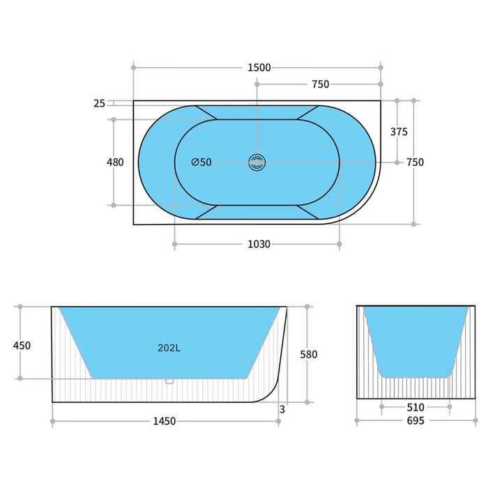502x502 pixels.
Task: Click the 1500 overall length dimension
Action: (x=259, y=68)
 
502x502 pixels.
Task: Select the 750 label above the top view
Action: (x=320, y=84)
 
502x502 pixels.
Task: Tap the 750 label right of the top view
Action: (x=415, y=162)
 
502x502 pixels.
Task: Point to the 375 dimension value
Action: (x=399, y=132)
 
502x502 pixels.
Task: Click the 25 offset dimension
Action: (x=99, y=104)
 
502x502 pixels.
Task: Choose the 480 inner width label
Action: (x=115, y=162)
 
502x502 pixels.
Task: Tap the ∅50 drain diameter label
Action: (x=201, y=162)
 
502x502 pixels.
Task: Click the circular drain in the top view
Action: (x=257, y=162)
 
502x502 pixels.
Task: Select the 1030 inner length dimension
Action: (x=259, y=245)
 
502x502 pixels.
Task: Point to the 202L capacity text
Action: (x=169, y=348)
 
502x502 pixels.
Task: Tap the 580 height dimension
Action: (x=308, y=355)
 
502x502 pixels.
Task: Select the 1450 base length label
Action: (x=165, y=421)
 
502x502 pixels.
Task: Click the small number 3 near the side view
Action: (x=282, y=410)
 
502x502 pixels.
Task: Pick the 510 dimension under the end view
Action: (x=416, y=406)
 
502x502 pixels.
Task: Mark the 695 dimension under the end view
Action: (x=416, y=421)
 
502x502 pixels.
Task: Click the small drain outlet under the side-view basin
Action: (x=168, y=381)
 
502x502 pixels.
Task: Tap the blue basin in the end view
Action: (x=416, y=338)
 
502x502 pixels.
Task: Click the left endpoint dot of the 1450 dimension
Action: (x=52, y=421)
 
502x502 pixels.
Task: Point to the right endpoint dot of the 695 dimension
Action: (x=476, y=421)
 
